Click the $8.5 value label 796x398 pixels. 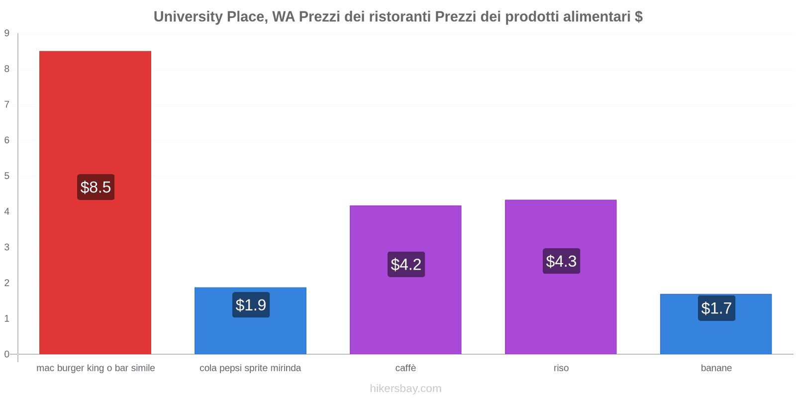96,187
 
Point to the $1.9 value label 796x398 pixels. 251,305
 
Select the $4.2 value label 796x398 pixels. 406,264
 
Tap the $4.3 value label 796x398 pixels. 561,261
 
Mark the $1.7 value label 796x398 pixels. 716,308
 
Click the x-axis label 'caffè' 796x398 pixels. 405,368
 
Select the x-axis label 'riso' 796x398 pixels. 561,368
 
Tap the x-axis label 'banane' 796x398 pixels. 716,368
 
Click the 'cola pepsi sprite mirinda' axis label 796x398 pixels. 250,368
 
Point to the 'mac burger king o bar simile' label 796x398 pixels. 96,368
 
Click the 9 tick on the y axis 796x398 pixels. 7,33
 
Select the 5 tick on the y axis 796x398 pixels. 7,176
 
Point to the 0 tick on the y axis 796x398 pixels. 7,354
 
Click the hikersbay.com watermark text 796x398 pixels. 405,389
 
